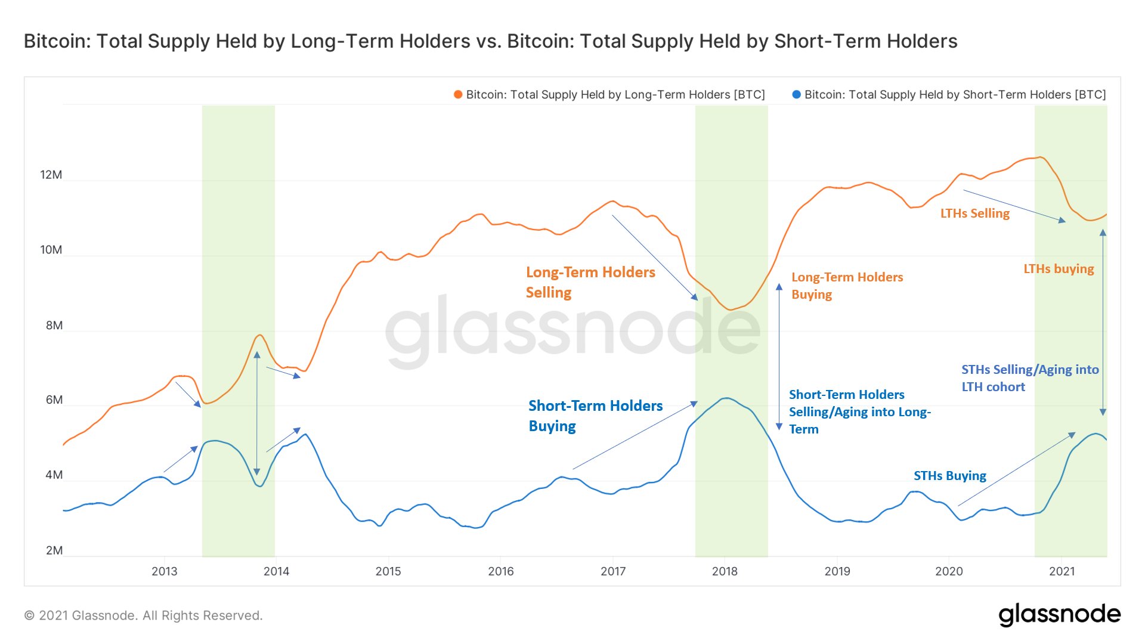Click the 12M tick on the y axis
(x=51, y=175)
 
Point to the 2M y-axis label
(x=54, y=550)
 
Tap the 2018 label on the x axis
(x=725, y=571)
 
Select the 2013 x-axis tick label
(x=164, y=571)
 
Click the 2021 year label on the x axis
(x=1062, y=571)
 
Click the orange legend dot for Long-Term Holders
(x=458, y=95)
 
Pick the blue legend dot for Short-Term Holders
(x=796, y=95)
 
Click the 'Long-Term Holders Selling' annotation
(x=590, y=282)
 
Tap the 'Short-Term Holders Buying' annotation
(x=595, y=416)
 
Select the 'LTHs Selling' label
(x=974, y=213)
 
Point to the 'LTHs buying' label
(x=1059, y=269)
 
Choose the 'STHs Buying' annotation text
(x=949, y=476)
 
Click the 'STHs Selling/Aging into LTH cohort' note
(x=1030, y=378)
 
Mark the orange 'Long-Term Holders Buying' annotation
(x=847, y=286)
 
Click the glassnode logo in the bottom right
(x=1059, y=615)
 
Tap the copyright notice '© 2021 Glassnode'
(x=143, y=615)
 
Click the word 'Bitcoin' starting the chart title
(x=57, y=41)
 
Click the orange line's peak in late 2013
(x=259, y=335)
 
